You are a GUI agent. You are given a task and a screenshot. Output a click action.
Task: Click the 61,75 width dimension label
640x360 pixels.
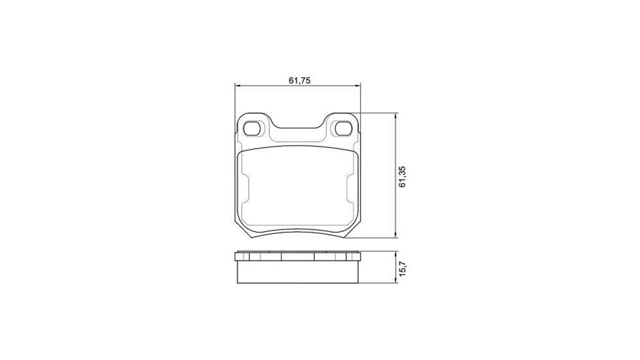click(x=299, y=80)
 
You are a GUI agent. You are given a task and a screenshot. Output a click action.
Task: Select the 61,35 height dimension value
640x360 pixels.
click(x=402, y=176)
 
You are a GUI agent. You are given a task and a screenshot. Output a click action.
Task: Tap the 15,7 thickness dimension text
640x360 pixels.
click(x=402, y=267)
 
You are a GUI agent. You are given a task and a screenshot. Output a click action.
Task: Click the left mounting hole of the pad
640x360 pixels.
click(x=252, y=128)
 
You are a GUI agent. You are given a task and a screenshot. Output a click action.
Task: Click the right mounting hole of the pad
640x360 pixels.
click(x=343, y=128)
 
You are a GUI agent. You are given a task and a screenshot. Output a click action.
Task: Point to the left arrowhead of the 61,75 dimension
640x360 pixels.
click(x=237, y=85)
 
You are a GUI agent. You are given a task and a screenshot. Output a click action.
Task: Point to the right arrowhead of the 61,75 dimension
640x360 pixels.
click(x=357, y=85)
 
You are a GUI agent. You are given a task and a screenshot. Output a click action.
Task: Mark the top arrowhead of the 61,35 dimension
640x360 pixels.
click(x=395, y=115)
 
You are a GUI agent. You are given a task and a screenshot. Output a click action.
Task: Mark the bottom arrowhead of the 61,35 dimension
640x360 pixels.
click(x=395, y=234)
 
